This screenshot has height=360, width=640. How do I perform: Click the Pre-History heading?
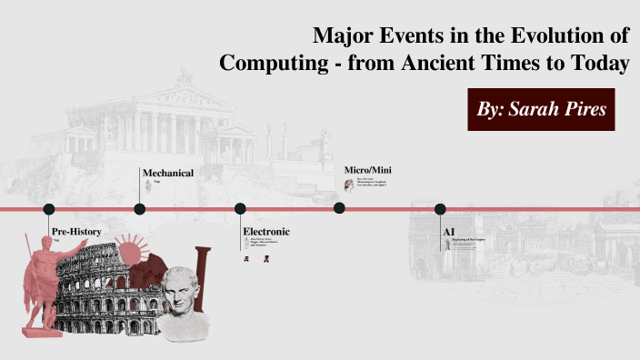(x=76, y=232)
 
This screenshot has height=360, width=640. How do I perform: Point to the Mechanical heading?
(x=167, y=173)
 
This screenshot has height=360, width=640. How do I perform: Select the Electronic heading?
(x=266, y=232)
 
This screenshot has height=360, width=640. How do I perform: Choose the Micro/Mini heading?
(x=368, y=170)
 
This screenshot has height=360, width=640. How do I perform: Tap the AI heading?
(x=448, y=232)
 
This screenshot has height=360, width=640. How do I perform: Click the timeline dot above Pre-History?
(x=49, y=209)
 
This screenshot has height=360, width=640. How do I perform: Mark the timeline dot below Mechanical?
(x=140, y=209)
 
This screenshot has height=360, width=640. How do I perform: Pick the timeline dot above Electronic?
(x=240, y=209)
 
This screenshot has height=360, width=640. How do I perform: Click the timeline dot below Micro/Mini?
(x=339, y=208)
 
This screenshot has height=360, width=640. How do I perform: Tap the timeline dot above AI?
(x=440, y=209)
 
